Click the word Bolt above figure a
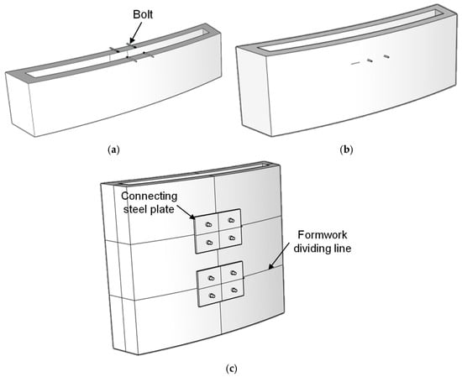143,14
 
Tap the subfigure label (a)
113,150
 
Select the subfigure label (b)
346,150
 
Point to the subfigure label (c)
231,369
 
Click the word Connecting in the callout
150,196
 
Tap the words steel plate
149,209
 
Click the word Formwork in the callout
323,235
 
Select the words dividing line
323,249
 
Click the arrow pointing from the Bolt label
135,32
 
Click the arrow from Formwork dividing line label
278,257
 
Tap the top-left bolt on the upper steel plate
208,225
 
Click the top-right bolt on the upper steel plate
231,220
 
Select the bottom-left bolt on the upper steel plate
209,243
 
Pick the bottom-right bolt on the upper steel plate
232,238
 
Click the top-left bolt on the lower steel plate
211,278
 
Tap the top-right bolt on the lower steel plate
234,273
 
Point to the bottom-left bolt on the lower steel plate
212,296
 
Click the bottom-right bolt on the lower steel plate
234,291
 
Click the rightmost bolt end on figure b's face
386,55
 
